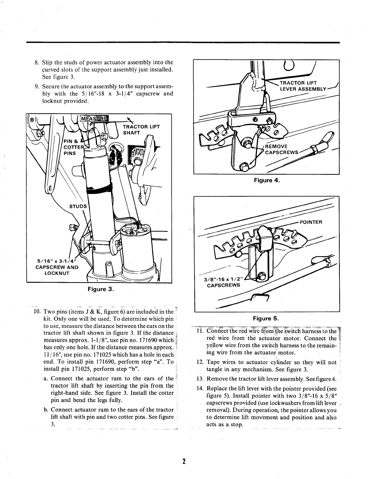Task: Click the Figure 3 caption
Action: click(x=101, y=289)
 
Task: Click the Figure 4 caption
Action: click(x=267, y=181)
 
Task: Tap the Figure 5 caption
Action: click(x=266, y=318)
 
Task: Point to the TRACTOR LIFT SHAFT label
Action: click(x=139, y=130)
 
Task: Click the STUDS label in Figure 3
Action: click(x=78, y=207)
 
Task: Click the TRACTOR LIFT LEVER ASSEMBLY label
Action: click(x=303, y=86)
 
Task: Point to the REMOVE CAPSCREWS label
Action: click(x=282, y=149)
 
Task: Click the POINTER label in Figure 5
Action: click(x=310, y=222)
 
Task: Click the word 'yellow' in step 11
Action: click(x=214, y=345)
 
